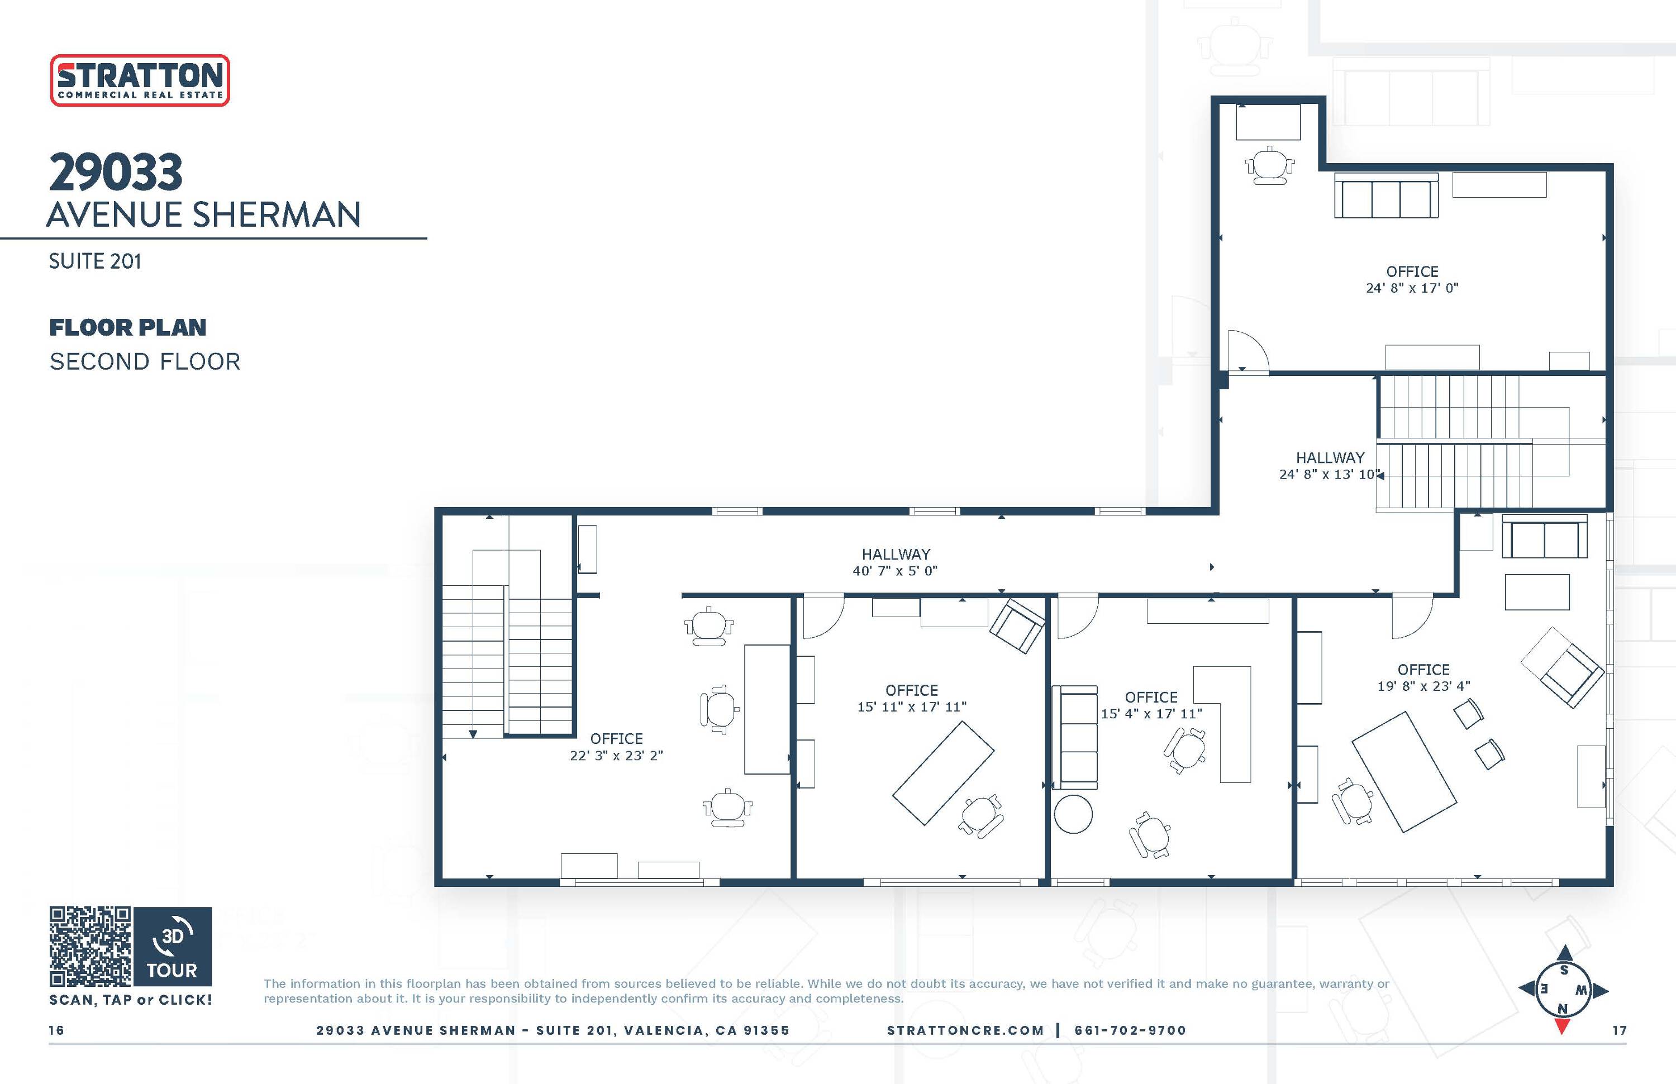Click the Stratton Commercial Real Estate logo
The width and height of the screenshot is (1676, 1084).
point(140,80)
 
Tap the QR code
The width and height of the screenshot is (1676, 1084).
point(90,946)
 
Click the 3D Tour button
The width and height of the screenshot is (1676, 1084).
point(173,946)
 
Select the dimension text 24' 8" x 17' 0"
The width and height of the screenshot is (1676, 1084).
point(1412,288)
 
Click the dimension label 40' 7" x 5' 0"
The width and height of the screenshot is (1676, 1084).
point(895,571)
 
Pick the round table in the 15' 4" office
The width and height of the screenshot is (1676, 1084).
point(1073,814)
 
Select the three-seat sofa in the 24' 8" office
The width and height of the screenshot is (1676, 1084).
point(1386,198)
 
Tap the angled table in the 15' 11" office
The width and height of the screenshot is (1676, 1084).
point(943,773)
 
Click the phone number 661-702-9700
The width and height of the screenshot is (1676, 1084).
point(1130,1030)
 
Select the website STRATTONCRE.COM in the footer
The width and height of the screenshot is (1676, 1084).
point(965,1030)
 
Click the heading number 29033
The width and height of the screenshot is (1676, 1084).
point(116,173)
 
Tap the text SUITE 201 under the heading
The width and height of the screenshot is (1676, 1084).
point(95,261)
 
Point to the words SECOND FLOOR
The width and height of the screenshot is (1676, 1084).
point(145,362)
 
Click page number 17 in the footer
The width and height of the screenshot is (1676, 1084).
point(1620,1030)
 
